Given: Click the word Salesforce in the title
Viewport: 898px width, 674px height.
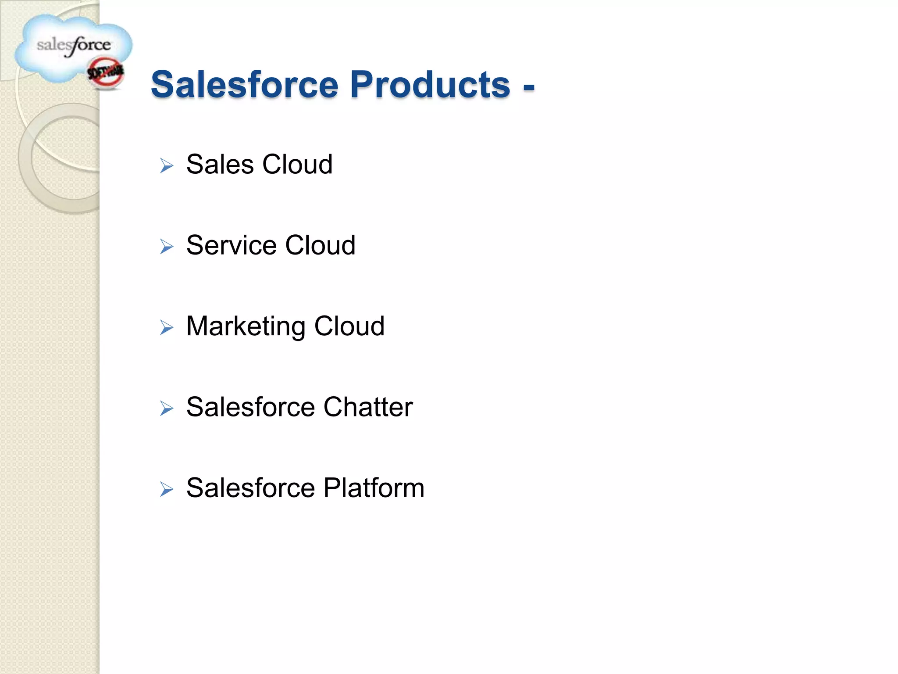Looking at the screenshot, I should [x=245, y=84].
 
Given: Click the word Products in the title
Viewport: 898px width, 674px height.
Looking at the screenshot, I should [x=430, y=84].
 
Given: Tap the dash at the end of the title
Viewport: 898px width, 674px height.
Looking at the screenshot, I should [x=528, y=86].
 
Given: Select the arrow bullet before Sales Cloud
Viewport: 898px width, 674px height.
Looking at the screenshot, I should [x=167, y=165].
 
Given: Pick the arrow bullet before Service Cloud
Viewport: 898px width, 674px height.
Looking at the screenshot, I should [x=167, y=246].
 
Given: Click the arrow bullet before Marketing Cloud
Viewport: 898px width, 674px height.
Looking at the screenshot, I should [x=167, y=327].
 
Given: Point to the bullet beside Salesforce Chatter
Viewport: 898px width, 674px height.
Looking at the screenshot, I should [x=167, y=408].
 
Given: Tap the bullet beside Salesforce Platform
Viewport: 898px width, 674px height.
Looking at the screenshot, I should [x=167, y=489].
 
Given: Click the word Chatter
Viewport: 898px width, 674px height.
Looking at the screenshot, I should [x=368, y=407].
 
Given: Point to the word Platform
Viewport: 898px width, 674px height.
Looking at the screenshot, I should [x=374, y=488].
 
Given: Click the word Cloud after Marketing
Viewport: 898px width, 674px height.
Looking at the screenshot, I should [x=349, y=326].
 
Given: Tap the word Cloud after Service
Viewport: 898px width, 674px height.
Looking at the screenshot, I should [x=321, y=245].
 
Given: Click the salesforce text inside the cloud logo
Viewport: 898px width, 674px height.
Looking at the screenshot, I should [x=74, y=45].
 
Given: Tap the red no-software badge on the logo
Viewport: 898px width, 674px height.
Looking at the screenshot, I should [x=106, y=72].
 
